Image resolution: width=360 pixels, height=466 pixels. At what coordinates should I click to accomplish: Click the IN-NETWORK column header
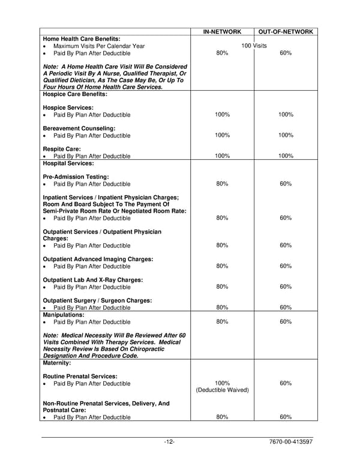[222, 31]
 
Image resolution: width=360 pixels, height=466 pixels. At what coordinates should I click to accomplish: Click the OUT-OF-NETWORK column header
[286, 31]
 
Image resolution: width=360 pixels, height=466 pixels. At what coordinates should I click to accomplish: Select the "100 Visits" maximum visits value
[254, 46]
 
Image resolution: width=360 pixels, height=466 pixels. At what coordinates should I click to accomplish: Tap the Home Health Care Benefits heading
[82, 38]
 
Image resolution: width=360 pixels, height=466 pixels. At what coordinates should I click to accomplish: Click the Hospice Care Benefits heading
[75, 94]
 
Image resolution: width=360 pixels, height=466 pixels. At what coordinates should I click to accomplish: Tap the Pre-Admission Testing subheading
[76, 177]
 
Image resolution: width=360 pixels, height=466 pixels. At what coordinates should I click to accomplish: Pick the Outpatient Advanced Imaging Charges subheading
[98, 259]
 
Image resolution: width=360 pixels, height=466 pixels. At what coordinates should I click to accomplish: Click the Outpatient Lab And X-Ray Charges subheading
[96, 280]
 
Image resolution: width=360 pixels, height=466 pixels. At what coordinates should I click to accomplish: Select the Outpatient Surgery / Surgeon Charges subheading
[97, 300]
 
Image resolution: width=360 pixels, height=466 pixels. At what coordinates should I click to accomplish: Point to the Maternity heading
[57, 363]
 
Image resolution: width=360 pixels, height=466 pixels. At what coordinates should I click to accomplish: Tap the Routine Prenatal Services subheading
[80, 377]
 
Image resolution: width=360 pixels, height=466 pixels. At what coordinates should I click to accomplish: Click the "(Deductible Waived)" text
[222, 390]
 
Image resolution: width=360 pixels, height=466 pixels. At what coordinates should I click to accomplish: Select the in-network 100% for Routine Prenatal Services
[222, 383]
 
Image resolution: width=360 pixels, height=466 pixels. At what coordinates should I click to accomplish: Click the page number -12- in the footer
[169, 443]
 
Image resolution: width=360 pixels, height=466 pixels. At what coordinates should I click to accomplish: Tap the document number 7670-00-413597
[292, 443]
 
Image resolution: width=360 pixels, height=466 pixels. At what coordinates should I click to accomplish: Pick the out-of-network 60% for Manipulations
[286, 321]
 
